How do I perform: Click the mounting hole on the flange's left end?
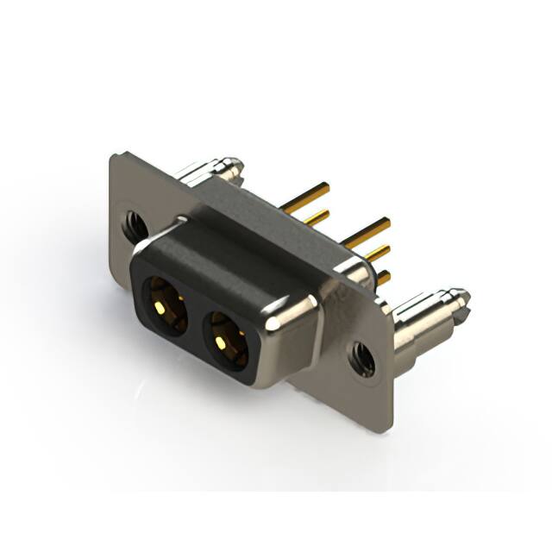(133, 225)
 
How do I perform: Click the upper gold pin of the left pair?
(307, 191)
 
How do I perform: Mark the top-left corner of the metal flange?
(117, 158)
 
